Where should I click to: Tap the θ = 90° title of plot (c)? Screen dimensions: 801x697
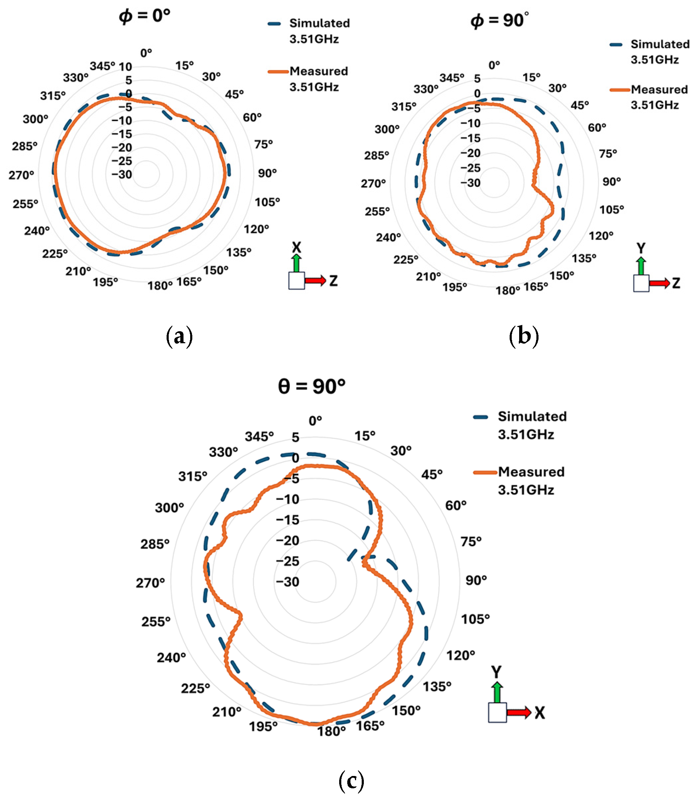click(312, 386)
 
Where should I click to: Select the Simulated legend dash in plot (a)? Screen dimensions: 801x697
click(274, 24)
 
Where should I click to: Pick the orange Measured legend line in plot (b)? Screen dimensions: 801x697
click(620, 90)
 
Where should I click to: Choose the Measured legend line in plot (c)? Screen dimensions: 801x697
click(485, 473)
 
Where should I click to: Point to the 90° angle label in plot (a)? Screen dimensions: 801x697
click(267, 173)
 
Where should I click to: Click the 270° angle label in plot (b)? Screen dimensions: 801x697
click(373, 183)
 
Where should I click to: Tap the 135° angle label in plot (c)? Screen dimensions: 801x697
click(437, 686)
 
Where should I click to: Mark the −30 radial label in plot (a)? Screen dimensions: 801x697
click(122, 174)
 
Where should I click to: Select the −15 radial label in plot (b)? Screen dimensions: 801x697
click(471, 138)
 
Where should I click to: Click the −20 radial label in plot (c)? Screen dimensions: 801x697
click(287, 540)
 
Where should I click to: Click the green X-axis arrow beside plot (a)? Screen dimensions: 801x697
click(297, 263)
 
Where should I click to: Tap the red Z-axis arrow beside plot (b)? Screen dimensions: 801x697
click(659, 283)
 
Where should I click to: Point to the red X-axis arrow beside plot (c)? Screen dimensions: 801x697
click(518, 712)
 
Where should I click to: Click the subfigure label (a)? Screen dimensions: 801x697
click(179, 336)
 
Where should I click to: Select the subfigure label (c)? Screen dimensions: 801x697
click(351, 780)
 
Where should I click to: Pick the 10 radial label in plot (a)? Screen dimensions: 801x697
click(125, 67)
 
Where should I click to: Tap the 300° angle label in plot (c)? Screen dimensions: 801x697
click(169, 507)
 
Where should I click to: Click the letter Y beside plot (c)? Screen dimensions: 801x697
click(496, 672)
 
